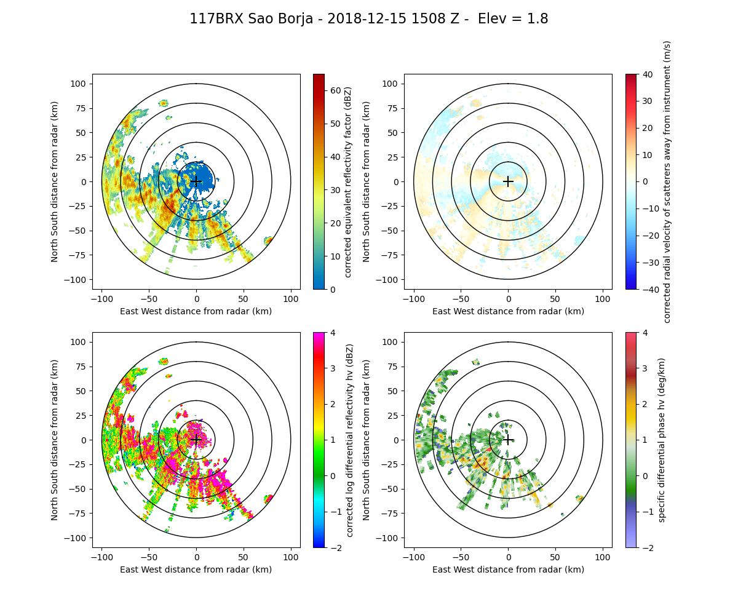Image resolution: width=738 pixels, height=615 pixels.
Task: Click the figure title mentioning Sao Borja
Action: [368, 19]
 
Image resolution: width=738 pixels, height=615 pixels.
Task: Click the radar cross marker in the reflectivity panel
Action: [196, 181]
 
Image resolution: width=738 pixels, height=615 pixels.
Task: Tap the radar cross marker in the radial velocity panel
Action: [508, 181]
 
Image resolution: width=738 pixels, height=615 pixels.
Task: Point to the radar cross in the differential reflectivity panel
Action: [196, 440]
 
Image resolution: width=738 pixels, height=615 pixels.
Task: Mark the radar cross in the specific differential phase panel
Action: [508, 440]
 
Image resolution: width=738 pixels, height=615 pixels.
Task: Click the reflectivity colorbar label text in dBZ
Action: [349, 181]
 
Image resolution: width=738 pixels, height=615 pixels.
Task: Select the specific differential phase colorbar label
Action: [662, 440]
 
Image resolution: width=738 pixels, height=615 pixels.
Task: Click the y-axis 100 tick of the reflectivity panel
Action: [80, 84]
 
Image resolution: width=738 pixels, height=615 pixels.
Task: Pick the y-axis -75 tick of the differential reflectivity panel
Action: [80, 514]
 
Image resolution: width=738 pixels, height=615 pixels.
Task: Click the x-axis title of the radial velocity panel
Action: [508, 311]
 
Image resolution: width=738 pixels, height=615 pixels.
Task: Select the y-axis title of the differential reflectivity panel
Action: [55, 440]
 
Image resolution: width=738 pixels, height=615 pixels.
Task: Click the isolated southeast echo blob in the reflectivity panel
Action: [269, 240]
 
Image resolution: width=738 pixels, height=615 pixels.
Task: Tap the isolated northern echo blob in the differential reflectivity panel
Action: [164, 362]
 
